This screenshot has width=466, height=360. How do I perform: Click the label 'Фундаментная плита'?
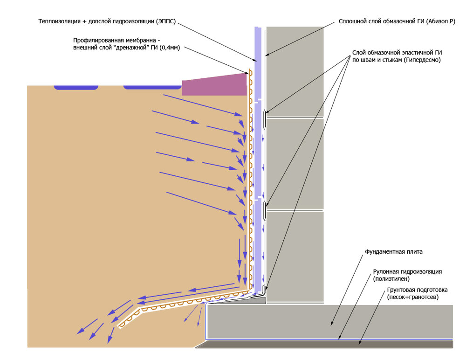[x=393, y=252]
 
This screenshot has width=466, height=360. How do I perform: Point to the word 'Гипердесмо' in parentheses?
[x=422, y=60]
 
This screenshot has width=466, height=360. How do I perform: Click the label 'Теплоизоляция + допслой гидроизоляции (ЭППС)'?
[x=108, y=21]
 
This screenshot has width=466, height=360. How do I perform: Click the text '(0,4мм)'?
[x=171, y=48]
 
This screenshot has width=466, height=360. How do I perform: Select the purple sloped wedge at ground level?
[x=214, y=85]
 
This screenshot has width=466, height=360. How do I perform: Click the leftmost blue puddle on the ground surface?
[x=75, y=87]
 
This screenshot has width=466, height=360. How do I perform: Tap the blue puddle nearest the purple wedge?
[x=152, y=87]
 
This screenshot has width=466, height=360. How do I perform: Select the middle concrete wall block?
[x=295, y=163]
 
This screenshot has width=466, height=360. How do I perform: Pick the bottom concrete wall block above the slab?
[x=295, y=254]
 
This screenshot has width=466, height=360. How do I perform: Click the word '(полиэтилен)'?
[x=391, y=279]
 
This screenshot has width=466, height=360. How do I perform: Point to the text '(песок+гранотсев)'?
[x=412, y=297]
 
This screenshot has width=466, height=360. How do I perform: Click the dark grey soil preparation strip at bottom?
[x=326, y=344]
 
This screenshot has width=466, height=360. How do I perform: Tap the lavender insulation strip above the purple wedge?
[x=257, y=47]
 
